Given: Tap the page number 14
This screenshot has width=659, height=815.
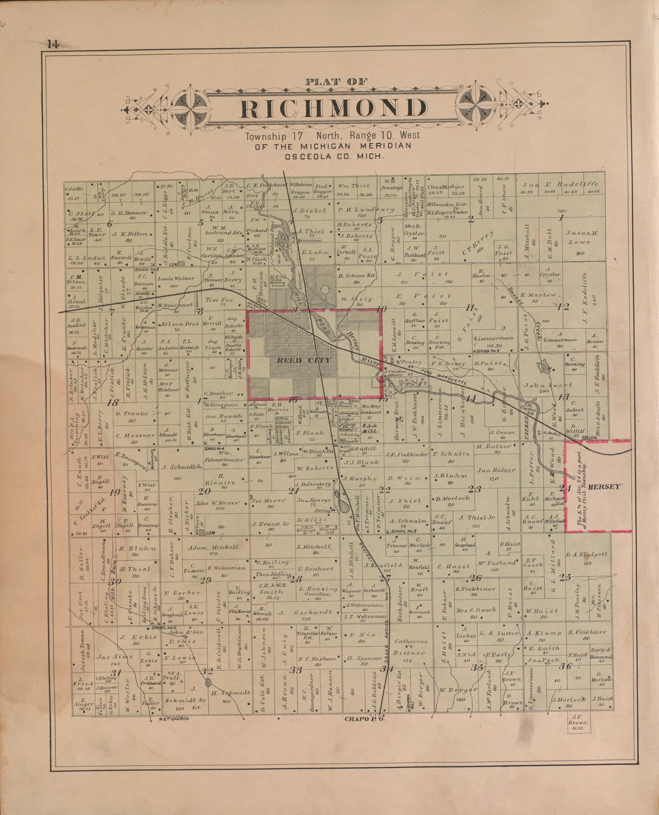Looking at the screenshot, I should click(x=53, y=45).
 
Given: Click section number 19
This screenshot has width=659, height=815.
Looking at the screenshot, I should click(x=114, y=493).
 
